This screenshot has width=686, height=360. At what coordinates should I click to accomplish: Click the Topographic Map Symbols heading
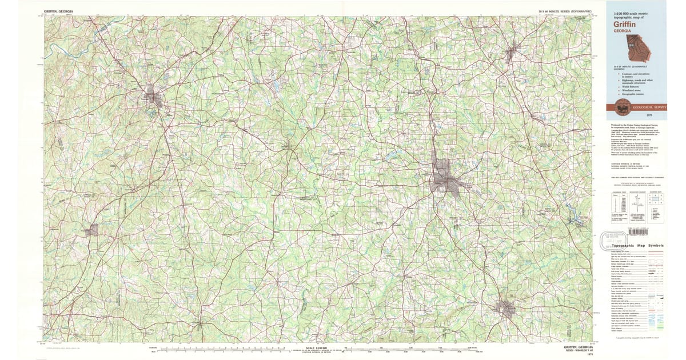[637, 245]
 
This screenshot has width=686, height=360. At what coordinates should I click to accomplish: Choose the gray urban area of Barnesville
[506, 309]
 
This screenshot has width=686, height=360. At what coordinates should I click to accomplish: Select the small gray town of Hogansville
[91, 230]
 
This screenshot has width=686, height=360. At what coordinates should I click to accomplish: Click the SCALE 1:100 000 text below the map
[318, 347]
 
